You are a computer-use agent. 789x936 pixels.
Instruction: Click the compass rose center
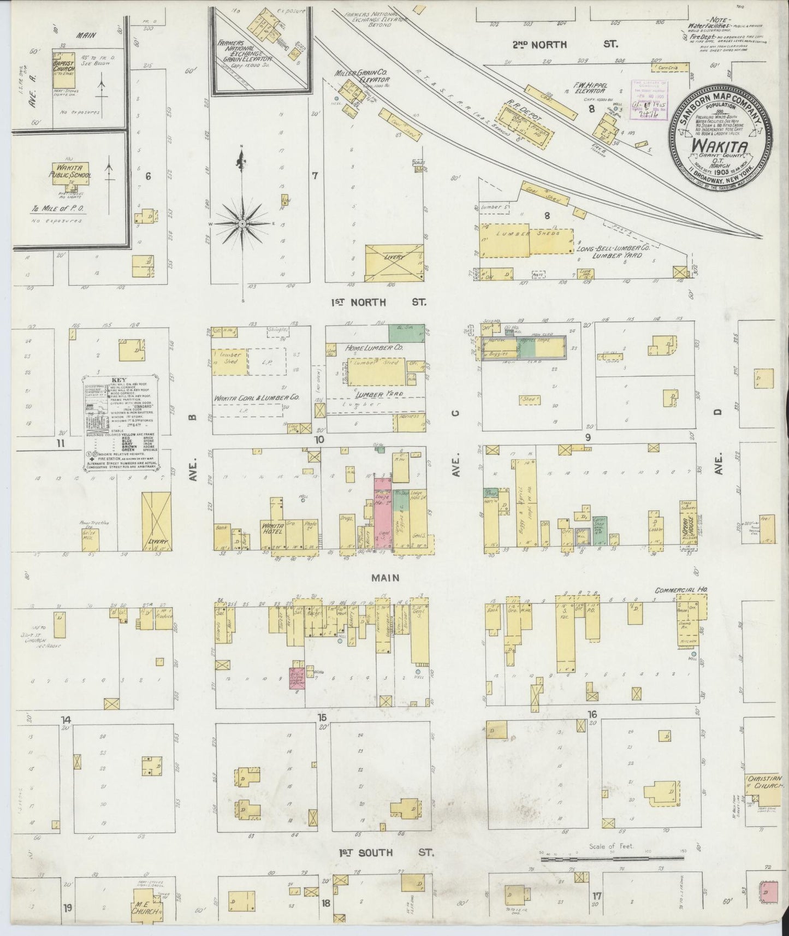241,224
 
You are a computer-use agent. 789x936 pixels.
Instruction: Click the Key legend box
120,423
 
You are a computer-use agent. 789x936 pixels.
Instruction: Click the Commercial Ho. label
680,591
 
